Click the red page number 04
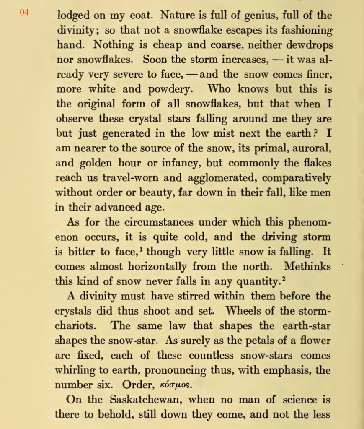[x=24, y=12]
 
